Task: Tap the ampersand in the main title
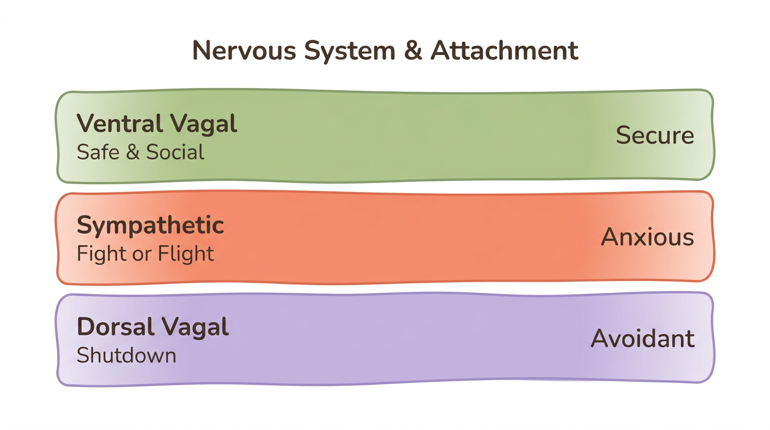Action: tap(413, 50)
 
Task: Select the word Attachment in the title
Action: tap(504, 50)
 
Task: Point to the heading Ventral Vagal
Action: tap(157, 124)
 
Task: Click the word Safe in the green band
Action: tap(98, 152)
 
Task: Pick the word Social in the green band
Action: tap(175, 152)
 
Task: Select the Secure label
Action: tap(655, 136)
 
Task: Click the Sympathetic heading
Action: tap(150, 226)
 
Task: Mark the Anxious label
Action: tap(647, 237)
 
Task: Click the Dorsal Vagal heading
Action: tap(152, 327)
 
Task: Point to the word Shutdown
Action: tap(126, 355)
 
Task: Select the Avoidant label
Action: tap(642, 339)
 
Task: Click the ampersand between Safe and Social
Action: tap(133, 153)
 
